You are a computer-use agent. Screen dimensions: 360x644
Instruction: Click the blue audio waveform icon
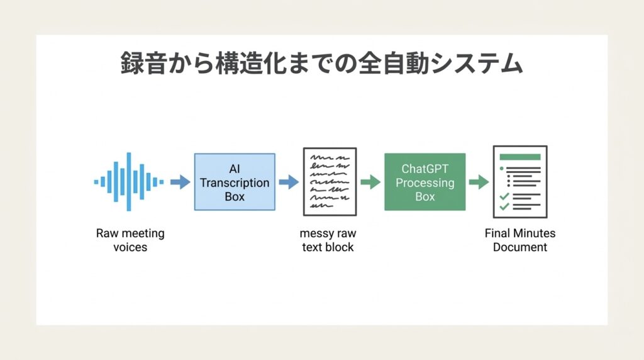(129, 182)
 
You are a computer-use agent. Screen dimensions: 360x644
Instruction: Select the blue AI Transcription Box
(234, 182)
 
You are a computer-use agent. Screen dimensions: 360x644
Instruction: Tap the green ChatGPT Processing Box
(425, 182)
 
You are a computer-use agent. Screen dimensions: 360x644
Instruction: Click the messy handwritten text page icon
(330, 182)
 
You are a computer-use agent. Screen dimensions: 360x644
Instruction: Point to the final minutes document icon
(519, 182)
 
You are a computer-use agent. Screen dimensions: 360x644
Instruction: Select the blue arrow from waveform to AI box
(180, 182)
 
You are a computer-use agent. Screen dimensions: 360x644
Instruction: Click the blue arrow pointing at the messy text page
(288, 182)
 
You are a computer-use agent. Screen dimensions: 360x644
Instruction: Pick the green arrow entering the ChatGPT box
(370, 182)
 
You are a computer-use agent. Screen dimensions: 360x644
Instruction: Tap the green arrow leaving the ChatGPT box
(479, 182)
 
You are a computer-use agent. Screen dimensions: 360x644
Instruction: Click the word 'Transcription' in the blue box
(235, 183)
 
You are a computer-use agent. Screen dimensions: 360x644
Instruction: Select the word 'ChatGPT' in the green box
(425, 169)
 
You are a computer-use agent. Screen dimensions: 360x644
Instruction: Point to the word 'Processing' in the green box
(425, 183)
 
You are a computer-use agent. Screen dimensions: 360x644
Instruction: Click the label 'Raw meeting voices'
(130, 240)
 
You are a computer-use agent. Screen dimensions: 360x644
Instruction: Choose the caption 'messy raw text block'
(328, 240)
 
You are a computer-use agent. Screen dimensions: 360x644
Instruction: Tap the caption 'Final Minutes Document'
(520, 240)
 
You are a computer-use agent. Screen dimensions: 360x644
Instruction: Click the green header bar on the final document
(519, 157)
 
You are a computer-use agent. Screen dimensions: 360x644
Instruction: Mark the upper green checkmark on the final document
(504, 196)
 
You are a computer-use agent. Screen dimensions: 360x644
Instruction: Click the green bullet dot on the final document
(501, 169)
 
